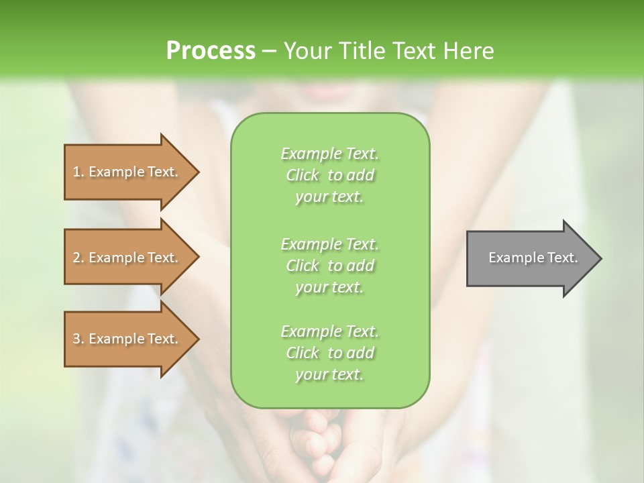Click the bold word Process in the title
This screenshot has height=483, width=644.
pyautogui.click(x=211, y=51)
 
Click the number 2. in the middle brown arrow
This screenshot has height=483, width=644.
pyautogui.click(x=78, y=258)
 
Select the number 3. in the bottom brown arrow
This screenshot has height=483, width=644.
pyautogui.click(x=78, y=339)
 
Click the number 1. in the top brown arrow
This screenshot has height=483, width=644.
pyautogui.click(x=78, y=172)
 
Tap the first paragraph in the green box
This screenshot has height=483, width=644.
pyautogui.click(x=330, y=175)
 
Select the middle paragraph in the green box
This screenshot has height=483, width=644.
pyautogui.click(x=330, y=266)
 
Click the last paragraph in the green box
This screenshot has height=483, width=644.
pyautogui.click(x=330, y=353)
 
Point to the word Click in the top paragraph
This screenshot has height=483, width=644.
pyautogui.click(x=303, y=175)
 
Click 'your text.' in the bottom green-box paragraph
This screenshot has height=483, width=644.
pyautogui.click(x=329, y=374)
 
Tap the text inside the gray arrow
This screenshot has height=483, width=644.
pyautogui.click(x=533, y=258)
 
